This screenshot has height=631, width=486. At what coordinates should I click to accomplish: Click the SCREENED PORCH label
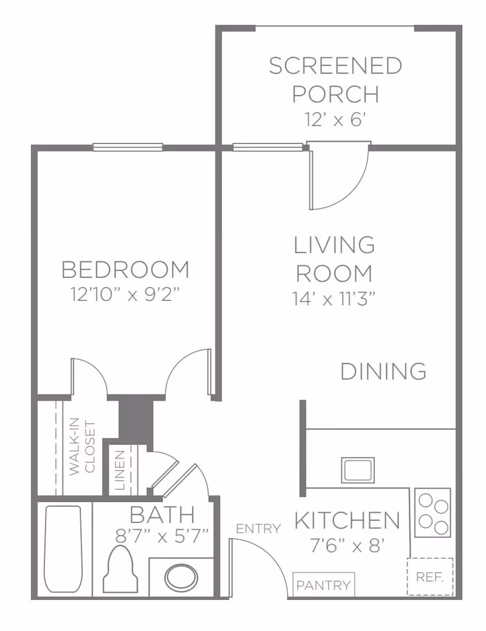(335, 80)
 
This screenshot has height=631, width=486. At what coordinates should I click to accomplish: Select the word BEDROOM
(126, 269)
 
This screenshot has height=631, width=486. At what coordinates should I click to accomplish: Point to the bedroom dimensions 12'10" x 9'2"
(126, 295)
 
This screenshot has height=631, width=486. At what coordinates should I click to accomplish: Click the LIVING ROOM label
(334, 260)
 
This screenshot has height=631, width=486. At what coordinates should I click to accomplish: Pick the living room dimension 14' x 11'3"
(334, 298)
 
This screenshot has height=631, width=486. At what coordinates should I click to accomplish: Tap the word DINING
(383, 371)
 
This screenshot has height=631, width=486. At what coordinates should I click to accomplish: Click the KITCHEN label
(347, 520)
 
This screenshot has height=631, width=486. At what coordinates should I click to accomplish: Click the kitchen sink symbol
(358, 470)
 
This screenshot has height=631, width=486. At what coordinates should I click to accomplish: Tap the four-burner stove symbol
(433, 512)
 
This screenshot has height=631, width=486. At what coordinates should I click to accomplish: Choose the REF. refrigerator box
(430, 576)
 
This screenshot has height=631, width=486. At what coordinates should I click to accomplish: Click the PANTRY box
(324, 585)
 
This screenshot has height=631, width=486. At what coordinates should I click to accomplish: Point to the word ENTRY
(259, 529)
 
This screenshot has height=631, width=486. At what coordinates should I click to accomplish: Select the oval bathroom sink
(182, 577)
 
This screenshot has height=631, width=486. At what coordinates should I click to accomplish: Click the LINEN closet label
(120, 471)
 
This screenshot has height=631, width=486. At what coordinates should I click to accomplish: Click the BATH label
(162, 515)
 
